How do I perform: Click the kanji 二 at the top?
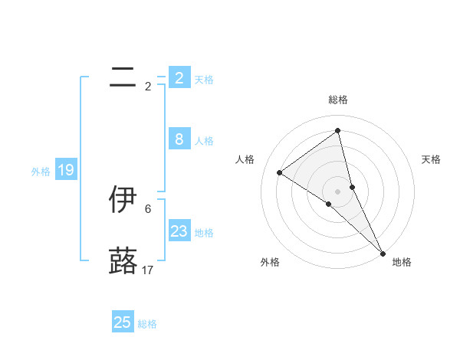(123, 77)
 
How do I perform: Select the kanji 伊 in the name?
(123, 199)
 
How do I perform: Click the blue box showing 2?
(179, 78)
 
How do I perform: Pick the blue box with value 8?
(179, 139)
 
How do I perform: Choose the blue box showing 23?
(179, 231)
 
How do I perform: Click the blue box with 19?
(66, 170)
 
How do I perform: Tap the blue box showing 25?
(123, 322)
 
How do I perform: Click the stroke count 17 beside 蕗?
(148, 270)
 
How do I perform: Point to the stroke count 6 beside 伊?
(148, 208)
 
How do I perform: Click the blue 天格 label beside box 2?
(204, 80)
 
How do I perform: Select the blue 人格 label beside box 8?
(204, 141)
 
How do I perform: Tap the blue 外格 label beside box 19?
(41, 172)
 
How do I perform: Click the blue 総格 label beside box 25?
(147, 324)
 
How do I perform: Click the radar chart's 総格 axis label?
(338, 100)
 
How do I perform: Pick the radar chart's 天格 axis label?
(432, 159)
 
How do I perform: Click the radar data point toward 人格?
(280, 172)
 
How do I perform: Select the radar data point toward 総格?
(338, 131)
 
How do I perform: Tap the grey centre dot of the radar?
(338, 191)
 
